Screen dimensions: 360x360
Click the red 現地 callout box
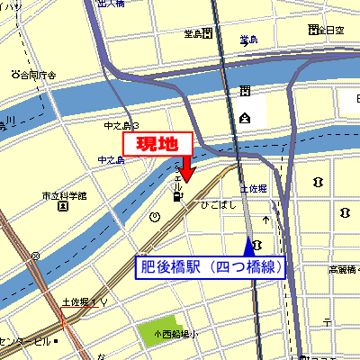click(157, 144)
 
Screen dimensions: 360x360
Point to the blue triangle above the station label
click(249, 246)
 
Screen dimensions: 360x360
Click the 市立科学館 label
click(63, 195)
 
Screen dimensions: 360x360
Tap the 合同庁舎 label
click(36, 75)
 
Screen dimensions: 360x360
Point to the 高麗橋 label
click(342, 269)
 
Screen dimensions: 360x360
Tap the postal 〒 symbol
click(266, 219)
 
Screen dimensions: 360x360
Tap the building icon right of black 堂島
click(208, 34)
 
